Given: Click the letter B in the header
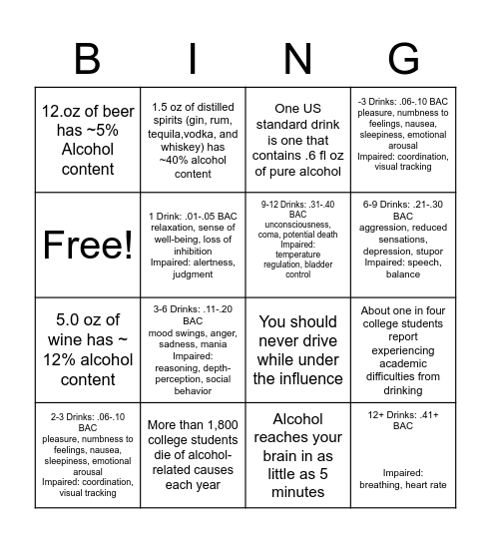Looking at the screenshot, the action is [88, 59].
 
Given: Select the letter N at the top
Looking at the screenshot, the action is [298, 59].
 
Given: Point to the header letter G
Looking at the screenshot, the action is [402, 59].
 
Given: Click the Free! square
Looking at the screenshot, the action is [88, 245].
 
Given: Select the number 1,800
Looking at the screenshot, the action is [220, 424].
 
